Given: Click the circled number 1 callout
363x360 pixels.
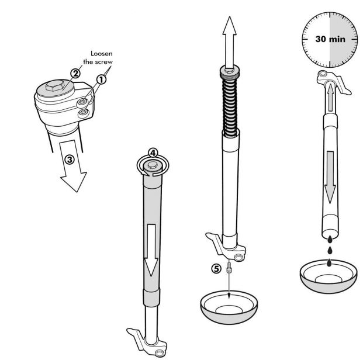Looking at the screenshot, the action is (101, 79).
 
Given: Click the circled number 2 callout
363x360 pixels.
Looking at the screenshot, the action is (75, 74).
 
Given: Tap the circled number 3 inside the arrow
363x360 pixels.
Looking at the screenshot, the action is (69, 160).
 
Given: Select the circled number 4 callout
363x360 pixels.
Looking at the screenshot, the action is (153, 153).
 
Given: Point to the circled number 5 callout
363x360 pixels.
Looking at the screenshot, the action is (216, 269).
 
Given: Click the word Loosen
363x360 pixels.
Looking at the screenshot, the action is (102, 54).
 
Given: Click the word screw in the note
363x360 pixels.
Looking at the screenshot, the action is (103, 62).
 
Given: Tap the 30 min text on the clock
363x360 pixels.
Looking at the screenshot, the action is (330, 39).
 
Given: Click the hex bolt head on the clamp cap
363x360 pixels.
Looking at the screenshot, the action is (54, 85).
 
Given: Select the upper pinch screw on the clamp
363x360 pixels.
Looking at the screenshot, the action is (82, 102).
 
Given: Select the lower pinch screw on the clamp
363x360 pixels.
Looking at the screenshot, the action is (84, 113).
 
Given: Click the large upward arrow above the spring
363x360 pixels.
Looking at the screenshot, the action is (229, 42).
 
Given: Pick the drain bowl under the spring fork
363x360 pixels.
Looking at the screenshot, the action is (229, 307).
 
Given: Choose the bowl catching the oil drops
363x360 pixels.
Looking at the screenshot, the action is (329, 276).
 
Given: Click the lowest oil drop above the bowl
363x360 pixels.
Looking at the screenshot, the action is (329, 263).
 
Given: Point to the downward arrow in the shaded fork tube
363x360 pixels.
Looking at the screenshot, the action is (151, 250).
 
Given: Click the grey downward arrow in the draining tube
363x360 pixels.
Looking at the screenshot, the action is (330, 177).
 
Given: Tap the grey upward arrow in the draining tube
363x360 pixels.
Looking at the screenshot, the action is (330, 98).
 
